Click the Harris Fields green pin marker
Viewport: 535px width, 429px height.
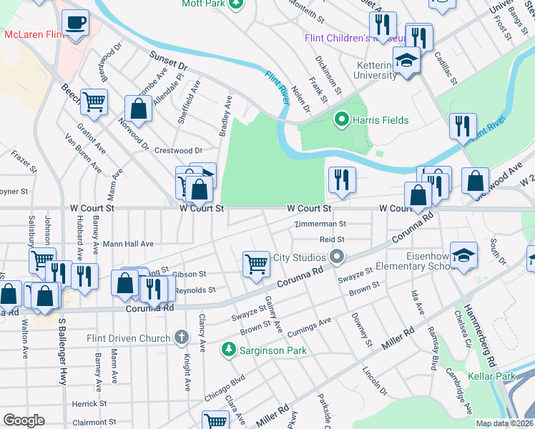[x=342, y=120]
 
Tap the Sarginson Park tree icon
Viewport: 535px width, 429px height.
[x=228, y=350]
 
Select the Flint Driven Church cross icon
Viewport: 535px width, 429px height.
[x=181, y=337]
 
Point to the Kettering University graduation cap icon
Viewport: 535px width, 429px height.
[x=406, y=61]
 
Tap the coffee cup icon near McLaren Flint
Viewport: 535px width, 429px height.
[x=75, y=23]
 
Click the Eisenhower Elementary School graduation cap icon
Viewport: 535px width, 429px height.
[x=464, y=256]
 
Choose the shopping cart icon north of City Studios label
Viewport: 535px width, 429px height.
[x=256, y=264]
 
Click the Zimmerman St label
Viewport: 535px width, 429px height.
[x=321, y=225]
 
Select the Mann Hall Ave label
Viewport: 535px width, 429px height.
[x=128, y=244]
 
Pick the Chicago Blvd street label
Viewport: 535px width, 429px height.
[x=224, y=387]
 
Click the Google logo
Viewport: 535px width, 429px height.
[x=24, y=420]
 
